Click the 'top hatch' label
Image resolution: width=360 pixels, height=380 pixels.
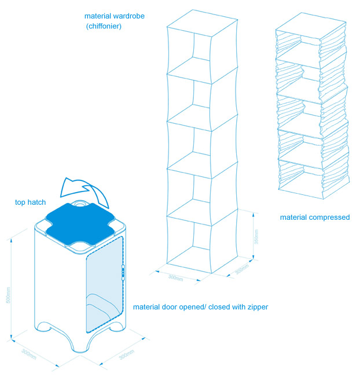click(x=30, y=202)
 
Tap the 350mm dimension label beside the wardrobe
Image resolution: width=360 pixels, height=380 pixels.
click(x=256, y=236)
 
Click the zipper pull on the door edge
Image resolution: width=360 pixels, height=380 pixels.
click(x=123, y=271)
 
